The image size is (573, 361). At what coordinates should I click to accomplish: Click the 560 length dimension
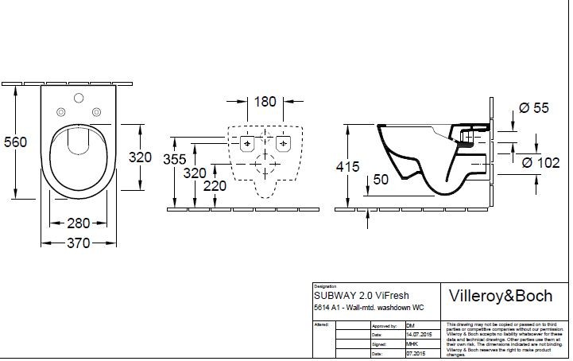[x=16, y=142]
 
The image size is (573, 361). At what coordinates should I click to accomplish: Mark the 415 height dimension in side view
[x=347, y=167]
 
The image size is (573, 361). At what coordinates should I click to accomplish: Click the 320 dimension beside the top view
[x=140, y=157]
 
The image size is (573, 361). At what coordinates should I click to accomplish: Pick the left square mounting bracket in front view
[x=247, y=144]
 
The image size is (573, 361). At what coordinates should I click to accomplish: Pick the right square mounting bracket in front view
[x=284, y=144]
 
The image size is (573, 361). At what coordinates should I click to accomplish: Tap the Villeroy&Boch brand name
[x=501, y=296]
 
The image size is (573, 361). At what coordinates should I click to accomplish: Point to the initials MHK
[x=411, y=344]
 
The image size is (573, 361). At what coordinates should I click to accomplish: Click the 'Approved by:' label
[x=385, y=326]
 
